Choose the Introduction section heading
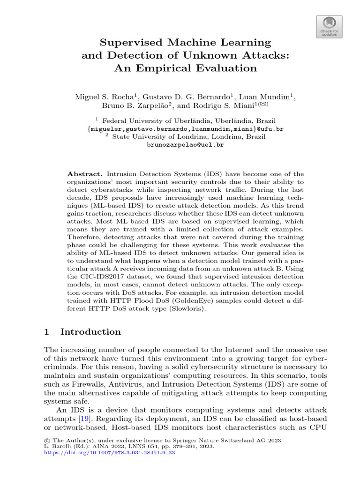[x=90, y=332]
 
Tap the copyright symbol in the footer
[x=46, y=441]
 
